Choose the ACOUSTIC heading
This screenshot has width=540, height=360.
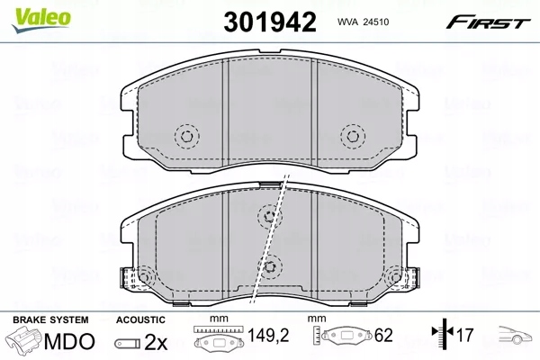140,319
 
